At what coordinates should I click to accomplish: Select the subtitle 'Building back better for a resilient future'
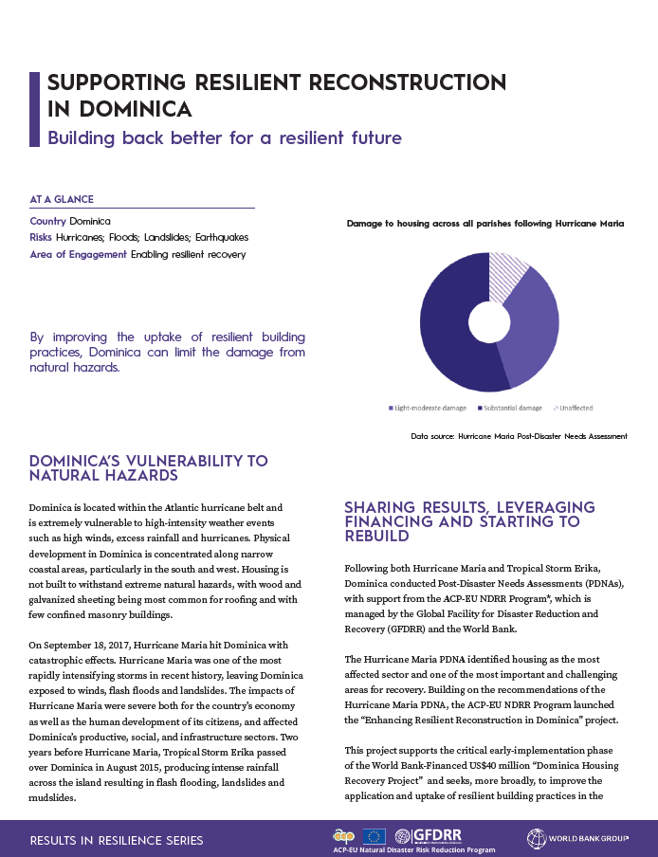point(225,138)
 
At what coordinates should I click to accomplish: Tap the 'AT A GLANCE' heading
point(62,200)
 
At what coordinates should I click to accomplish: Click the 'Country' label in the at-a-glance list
point(47,221)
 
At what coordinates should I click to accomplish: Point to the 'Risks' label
point(41,238)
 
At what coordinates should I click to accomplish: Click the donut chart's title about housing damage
point(485,224)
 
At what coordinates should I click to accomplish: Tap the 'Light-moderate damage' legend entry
point(428,409)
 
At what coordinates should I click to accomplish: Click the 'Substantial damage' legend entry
point(511,409)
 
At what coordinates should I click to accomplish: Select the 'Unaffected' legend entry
point(574,409)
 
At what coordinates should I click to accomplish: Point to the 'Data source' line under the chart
point(519,437)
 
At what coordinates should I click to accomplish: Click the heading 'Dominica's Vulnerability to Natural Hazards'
point(149,468)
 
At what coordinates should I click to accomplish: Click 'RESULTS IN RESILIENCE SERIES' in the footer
point(117,840)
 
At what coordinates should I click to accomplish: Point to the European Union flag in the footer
point(375,836)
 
